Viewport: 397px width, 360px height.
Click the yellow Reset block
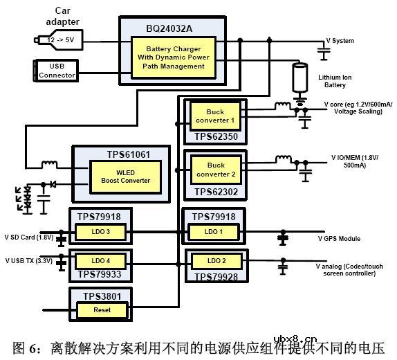click(x=102, y=310)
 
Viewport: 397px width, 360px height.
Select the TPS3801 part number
click(x=101, y=296)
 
